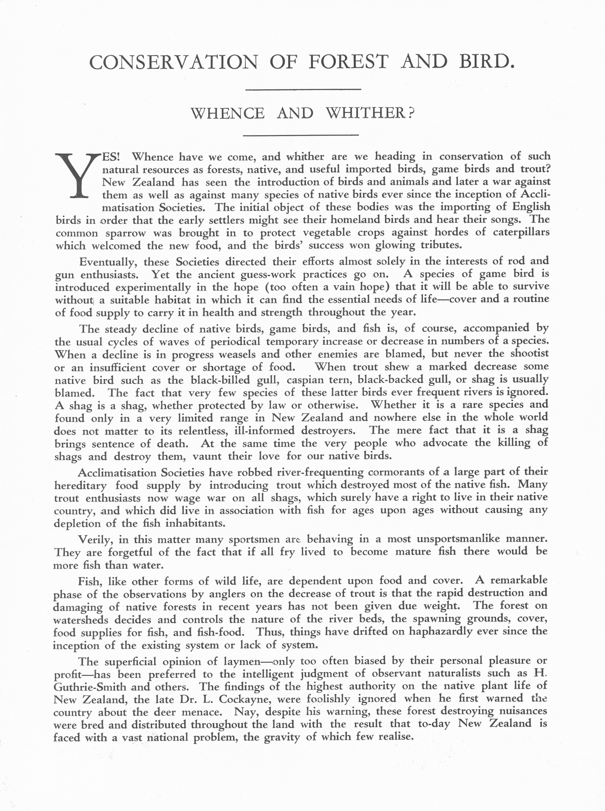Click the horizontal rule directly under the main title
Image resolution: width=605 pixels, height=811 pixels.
[x=303, y=89]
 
